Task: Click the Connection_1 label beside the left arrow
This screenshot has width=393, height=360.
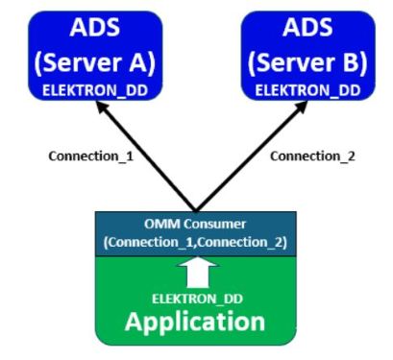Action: (76, 156)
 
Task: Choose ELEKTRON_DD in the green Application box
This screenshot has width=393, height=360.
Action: (196, 298)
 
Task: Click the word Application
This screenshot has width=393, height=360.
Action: (196, 322)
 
